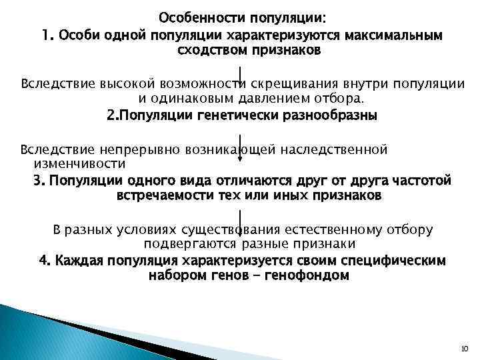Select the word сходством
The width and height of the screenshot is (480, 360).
[210, 50]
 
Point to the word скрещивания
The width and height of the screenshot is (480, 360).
[286, 83]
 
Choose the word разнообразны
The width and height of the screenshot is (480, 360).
[331, 115]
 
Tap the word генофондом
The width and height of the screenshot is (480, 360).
[308, 275]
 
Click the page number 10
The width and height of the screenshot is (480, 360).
[465, 348]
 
